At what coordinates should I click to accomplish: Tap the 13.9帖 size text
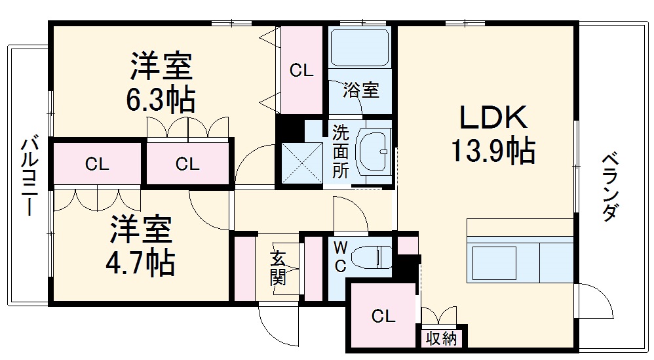493,151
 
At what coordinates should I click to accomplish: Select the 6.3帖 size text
161,99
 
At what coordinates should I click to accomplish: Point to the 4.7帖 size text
141,262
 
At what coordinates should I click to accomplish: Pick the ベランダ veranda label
609,187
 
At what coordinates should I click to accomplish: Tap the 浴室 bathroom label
361,90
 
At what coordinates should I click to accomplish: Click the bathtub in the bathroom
360,47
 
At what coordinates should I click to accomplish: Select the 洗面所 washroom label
339,151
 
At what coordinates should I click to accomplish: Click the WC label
340,258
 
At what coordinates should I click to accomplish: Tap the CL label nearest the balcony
97,165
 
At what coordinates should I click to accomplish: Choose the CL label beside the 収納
383,317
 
